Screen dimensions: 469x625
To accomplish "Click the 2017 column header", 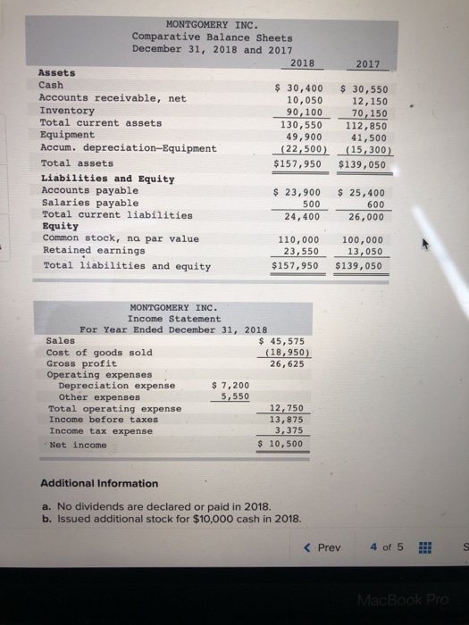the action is point(367,65).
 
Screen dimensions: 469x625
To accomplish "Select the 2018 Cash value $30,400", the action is point(297,87).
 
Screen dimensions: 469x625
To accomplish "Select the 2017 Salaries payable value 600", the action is point(373,204).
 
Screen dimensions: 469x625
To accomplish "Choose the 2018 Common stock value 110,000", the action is point(299,240).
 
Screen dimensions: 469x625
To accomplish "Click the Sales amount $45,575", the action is point(282,340).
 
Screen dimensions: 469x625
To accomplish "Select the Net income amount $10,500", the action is point(282,444).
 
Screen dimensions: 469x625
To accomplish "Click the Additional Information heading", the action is point(99,483).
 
